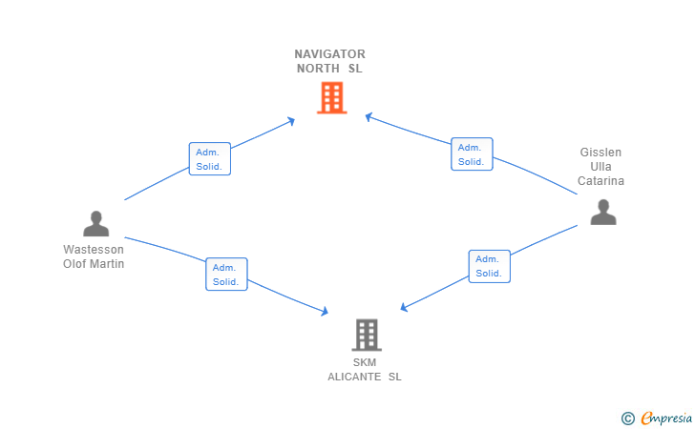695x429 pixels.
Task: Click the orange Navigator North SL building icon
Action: (x=331, y=97)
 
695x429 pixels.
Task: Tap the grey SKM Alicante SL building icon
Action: (x=367, y=335)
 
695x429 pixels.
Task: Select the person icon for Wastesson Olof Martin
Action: (x=95, y=223)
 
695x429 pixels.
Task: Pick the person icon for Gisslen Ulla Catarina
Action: (x=602, y=212)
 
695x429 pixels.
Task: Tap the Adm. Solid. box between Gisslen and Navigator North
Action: (x=472, y=154)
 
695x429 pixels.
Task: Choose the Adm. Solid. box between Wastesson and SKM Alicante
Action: (x=226, y=274)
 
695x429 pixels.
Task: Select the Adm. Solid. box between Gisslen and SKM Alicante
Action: (x=489, y=266)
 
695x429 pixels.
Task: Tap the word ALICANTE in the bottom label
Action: (x=356, y=377)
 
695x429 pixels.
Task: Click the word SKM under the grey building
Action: (x=365, y=362)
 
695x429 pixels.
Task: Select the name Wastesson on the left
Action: (x=94, y=250)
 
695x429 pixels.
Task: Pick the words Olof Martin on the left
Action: (x=94, y=264)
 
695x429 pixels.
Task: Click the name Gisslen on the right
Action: (x=600, y=153)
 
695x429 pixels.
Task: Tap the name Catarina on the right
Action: (x=600, y=181)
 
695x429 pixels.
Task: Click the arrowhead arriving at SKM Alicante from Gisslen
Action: (x=404, y=308)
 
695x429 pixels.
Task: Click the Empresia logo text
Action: (x=666, y=418)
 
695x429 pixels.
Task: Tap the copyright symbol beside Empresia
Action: (x=627, y=418)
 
